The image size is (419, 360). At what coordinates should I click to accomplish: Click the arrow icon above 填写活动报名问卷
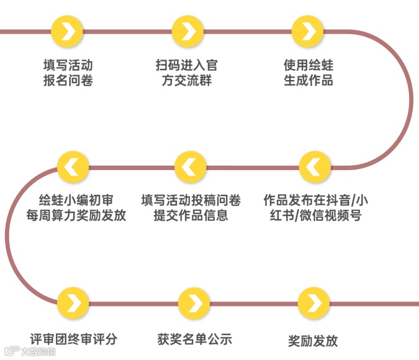(x=68, y=30)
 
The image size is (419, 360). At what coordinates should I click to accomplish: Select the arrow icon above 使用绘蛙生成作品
(x=308, y=30)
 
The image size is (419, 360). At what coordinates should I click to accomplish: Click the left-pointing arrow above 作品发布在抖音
(x=315, y=166)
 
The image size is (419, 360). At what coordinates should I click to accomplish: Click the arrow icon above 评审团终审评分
(x=73, y=304)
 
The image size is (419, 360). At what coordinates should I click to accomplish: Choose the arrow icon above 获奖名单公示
(x=194, y=304)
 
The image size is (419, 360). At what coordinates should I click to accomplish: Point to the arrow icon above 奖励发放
(x=314, y=304)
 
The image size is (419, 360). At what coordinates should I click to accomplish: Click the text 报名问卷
(x=68, y=81)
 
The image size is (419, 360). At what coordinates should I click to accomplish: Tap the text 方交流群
(x=187, y=81)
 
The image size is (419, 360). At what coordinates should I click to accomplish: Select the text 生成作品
(x=308, y=81)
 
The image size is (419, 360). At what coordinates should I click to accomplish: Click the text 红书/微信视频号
(x=315, y=216)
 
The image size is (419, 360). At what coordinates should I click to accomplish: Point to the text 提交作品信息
(x=191, y=216)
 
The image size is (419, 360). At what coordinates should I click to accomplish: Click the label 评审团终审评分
(x=73, y=339)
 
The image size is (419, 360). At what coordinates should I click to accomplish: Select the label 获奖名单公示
(x=194, y=339)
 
